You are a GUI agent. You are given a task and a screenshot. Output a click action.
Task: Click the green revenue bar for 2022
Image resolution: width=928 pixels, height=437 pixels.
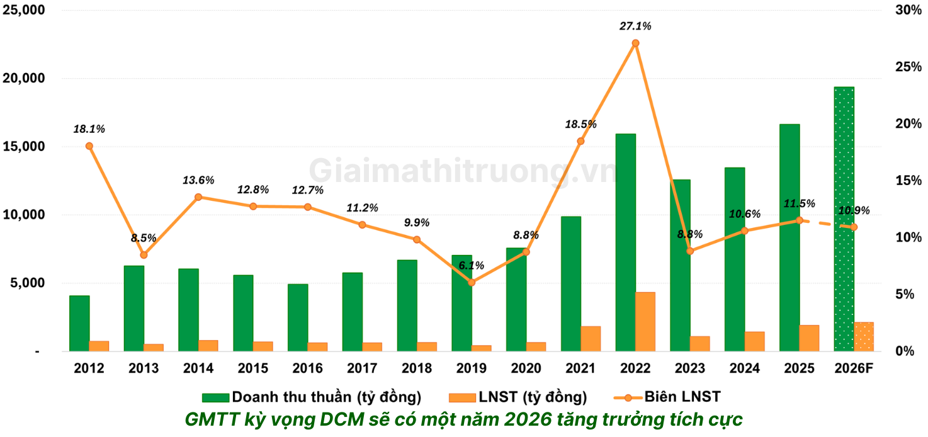point(625,242)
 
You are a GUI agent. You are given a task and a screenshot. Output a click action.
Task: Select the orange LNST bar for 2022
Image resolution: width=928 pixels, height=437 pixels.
point(645,321)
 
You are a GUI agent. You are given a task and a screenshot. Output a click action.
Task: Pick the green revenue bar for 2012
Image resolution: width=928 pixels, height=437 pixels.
point(79,323)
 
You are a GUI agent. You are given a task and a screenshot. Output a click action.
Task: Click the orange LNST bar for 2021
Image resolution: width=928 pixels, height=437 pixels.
point(591,338)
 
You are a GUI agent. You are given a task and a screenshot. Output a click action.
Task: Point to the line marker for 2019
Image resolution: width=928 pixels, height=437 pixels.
point(472,282)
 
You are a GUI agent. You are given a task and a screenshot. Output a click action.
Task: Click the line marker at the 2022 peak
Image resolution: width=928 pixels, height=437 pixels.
point(635,43)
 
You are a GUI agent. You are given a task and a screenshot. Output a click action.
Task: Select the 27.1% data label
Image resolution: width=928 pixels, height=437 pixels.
point(635,26)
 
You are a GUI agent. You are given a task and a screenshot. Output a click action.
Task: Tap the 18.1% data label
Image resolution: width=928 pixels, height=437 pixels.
point(89,129)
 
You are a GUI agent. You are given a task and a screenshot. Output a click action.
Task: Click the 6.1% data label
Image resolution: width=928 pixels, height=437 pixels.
point(471,266)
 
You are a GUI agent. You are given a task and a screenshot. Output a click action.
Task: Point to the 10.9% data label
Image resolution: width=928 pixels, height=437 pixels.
point(853,211)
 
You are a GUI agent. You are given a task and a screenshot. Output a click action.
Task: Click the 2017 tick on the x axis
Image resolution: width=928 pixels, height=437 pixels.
point(362,368)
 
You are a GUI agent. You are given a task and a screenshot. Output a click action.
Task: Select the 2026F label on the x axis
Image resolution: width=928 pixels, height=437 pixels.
point(853,368)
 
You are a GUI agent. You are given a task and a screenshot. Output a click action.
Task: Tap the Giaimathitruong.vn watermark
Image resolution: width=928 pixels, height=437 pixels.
point(463,171)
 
